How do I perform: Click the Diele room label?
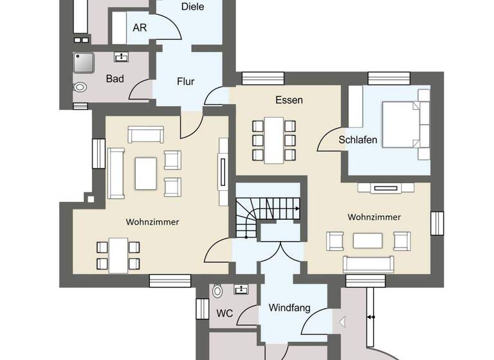click(x=193, y=7)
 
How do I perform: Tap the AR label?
click(x=140, y=28)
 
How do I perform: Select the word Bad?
click(x=114, y=79)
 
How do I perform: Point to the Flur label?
click(x=185, y=82)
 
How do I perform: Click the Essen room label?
click(x=289, y=100)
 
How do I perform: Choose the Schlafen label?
click(x=358, y=139)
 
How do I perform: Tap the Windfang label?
click(x=289, y=308)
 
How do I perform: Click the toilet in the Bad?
click(x=80, y=87)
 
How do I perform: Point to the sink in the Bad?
click(x=121, y=57)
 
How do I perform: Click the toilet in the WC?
click(x=217, y=291)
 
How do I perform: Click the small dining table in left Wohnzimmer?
click(x=118, y=253)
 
